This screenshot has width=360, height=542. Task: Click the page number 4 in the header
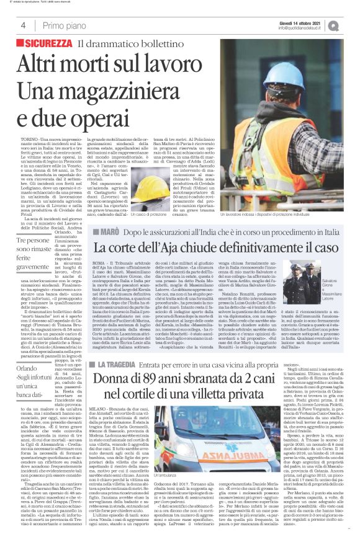22,25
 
